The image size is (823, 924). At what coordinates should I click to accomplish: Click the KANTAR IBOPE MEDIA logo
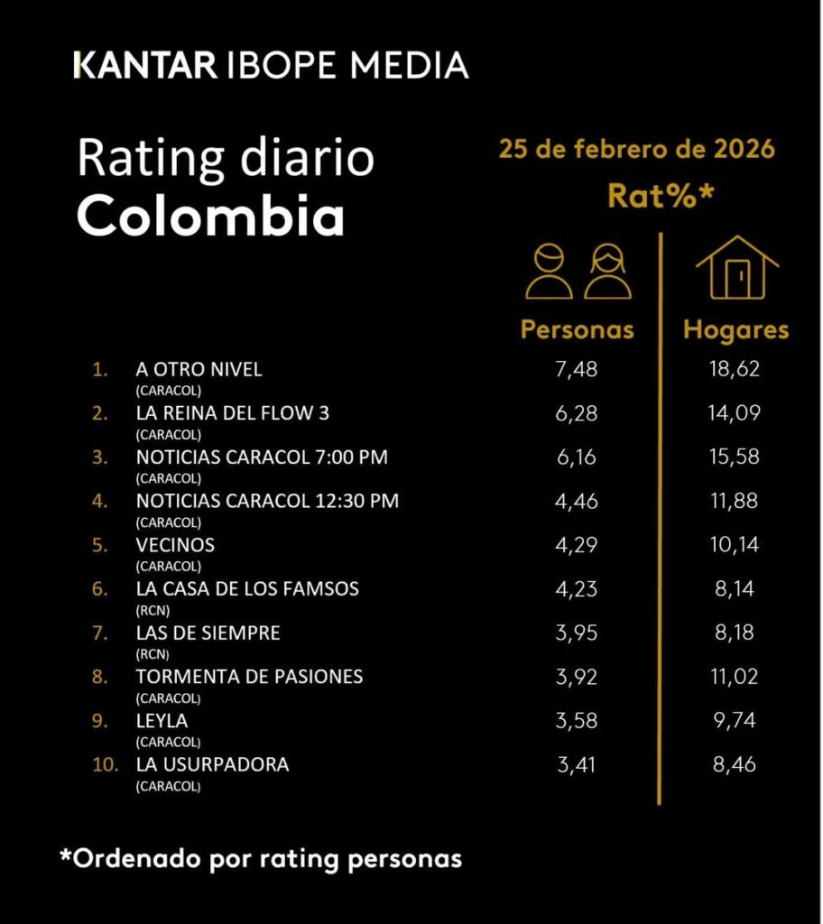coord(271,65)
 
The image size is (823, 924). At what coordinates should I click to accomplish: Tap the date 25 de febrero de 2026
coord(636,149)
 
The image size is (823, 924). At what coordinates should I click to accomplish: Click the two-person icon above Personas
coord(578,270)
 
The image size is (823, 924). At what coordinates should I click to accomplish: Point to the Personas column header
coord(578,330)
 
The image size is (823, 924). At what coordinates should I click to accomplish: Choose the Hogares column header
coord(736,330)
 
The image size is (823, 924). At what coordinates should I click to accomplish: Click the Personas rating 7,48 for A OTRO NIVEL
coord(578,370)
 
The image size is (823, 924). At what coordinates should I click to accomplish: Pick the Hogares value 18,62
coord(736,370)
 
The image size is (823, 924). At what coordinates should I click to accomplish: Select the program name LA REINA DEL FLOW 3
coord(233,414)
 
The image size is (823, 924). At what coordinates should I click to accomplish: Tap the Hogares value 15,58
coord(736,457)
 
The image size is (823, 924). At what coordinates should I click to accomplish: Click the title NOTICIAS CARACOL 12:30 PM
coord(267,501)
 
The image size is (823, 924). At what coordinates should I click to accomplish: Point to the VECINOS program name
coord(175,545)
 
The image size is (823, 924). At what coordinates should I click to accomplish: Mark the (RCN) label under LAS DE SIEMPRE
coord(153,654)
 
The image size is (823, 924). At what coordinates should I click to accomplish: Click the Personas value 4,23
coord(578,589)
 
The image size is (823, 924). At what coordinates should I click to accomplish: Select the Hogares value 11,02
coord(736,677)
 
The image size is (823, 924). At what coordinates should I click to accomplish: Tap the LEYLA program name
coord(162,721)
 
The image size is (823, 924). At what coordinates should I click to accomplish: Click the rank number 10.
coord(106,765)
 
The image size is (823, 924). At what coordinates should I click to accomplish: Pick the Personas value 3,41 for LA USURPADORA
coord(578,765)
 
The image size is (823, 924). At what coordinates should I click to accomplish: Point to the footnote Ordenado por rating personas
coord(261,858)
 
